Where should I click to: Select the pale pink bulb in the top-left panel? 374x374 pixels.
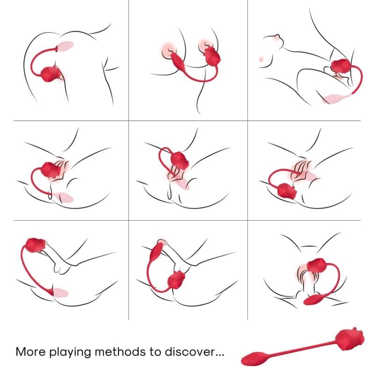pyautogui.click(x=65, y=47)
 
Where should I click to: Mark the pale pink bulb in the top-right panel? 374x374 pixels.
pyautogui.click(x=333, y=99)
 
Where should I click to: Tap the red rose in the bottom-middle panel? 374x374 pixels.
pyautogui.click(x=176, y=280)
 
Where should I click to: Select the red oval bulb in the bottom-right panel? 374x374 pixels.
pyautogui.click(x=312, y=300)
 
